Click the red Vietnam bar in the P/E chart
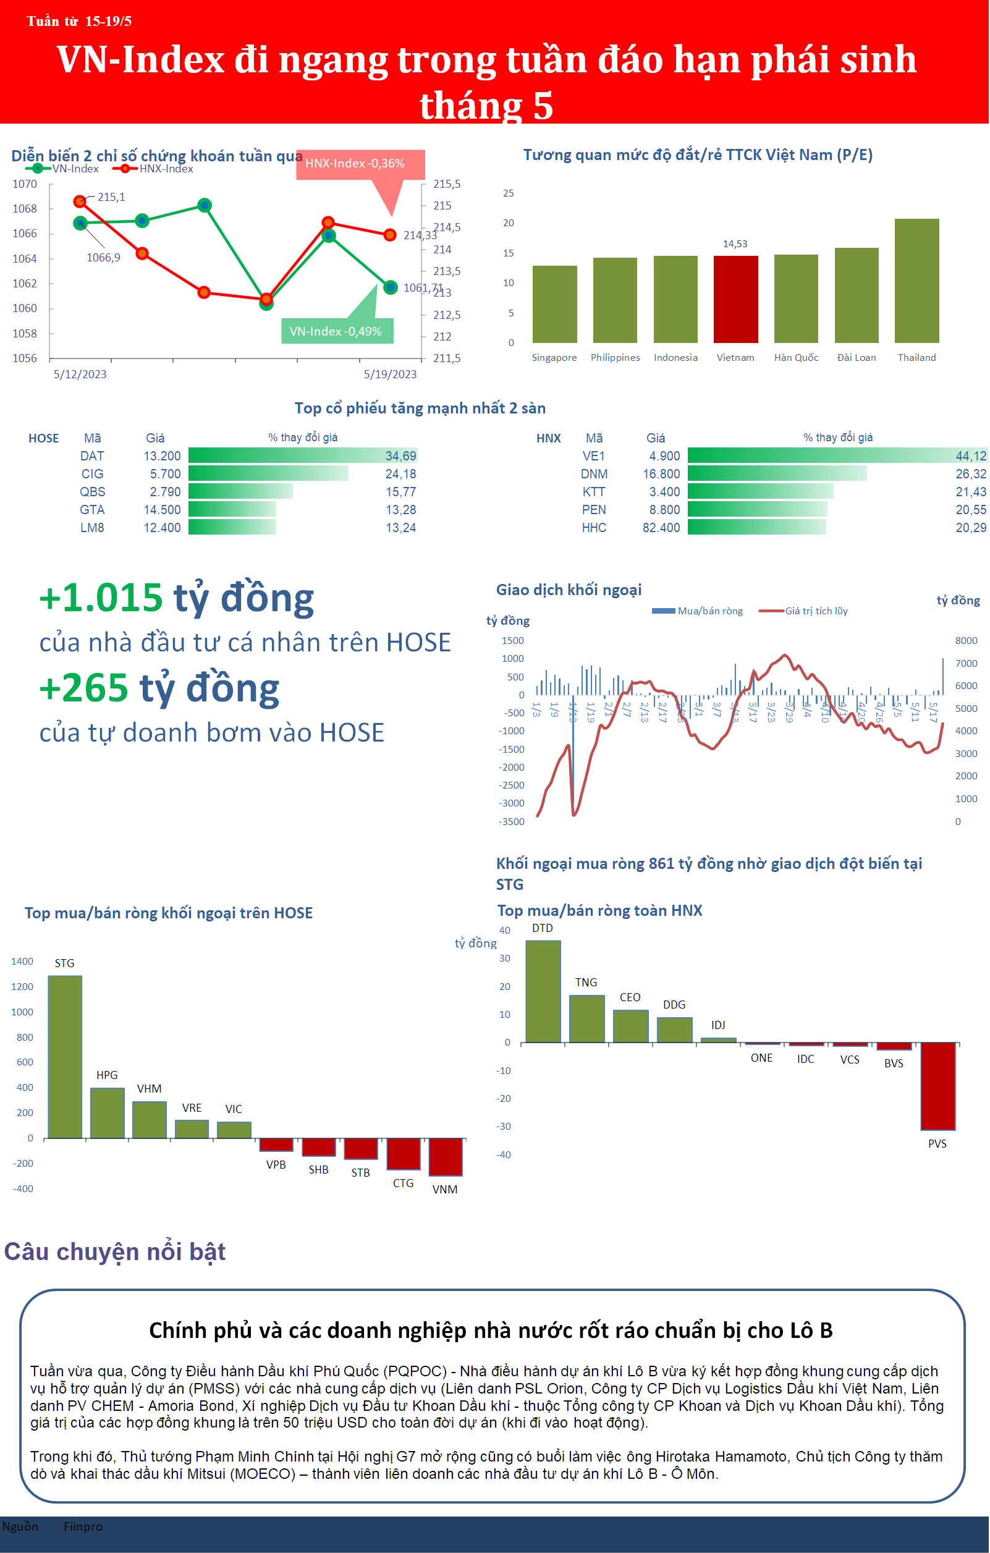pos(735,299)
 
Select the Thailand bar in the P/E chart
pos(916,281)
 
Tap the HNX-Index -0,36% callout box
pos(360,164)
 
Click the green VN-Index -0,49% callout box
pos(337,331)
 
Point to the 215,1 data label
pos(111,197)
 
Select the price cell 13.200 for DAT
pos(162,457)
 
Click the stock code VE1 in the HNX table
pos(593,457)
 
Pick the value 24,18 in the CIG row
pos(400,474)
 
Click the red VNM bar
pos(446,1156)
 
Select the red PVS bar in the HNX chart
pos(937,1086)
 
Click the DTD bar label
pos(543,928)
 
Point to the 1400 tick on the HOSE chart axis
pos(23,961)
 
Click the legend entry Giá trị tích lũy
pos(816,611)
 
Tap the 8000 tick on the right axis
pos(965,640)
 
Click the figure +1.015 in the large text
pos(101,597)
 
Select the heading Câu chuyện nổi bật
pos(115,1251)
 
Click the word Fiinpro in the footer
pos(83,1526)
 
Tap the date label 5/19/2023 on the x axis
pos(390,374)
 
